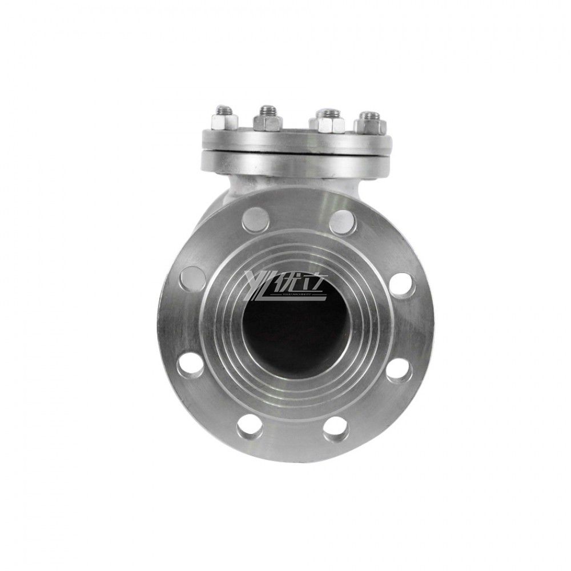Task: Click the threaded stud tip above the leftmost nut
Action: [x=223, y=108]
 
